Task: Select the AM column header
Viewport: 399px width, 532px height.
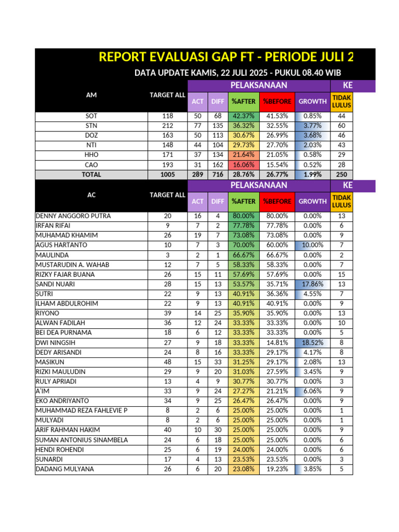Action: pyautogui.click(x=91, y=96)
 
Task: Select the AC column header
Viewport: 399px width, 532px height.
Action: pyautogui.click(x=91, y=195)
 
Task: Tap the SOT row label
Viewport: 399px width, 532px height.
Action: pyautogui.click(x=91, y=116)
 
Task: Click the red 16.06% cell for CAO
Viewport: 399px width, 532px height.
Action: pyautogui.click(x=244, y=165)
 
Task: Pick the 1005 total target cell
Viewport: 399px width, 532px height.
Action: pyautogui.click(x=167, y=175)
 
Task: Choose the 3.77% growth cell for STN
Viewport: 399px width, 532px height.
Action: pyautogui.click(x=312, y=126)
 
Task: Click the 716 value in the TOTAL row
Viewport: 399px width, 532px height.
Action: pyautogui.click(x=218, y=175)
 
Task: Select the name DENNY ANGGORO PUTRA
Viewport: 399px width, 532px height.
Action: pyautogui.click(x=73, y=216)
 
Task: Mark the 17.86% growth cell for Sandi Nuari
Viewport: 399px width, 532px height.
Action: pyautogui.click(x=312, y=284)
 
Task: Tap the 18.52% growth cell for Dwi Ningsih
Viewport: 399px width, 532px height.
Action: pyautogui.click(x=312, y=342)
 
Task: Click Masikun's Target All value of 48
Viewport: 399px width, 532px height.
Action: pyautogui.click(x=167, y=362)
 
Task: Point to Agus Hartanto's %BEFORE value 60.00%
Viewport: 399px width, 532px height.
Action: pyautogui.click(x=277, y=245)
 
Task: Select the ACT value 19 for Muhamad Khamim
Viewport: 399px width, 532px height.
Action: pyautogui.click(x=197, y=235)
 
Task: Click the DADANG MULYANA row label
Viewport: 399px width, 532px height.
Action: pyautogui.click(x=64, y=469)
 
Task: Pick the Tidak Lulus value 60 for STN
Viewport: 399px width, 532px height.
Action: pyautogui.click(x=341, y=126)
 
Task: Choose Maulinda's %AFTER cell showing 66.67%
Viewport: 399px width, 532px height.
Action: pyautogui.click(x=244, y=255)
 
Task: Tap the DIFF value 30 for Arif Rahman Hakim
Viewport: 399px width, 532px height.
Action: pyautogui.click(x=218, y=430)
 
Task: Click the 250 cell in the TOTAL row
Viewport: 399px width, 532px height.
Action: pyautogui.click(x=341, y=175)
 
